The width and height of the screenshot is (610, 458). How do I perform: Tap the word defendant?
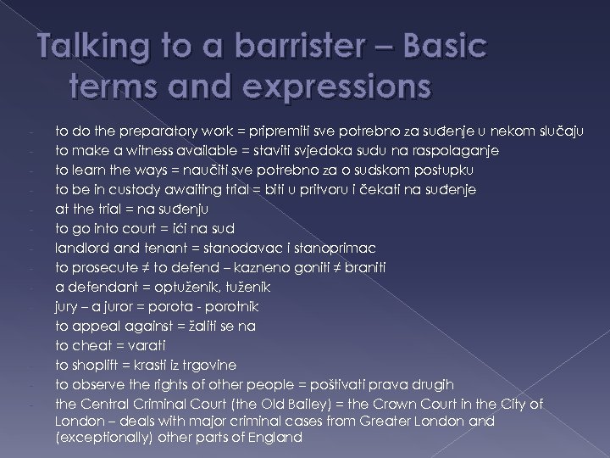coord(98,287)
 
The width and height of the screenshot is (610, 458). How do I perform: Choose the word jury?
coord(67,306)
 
